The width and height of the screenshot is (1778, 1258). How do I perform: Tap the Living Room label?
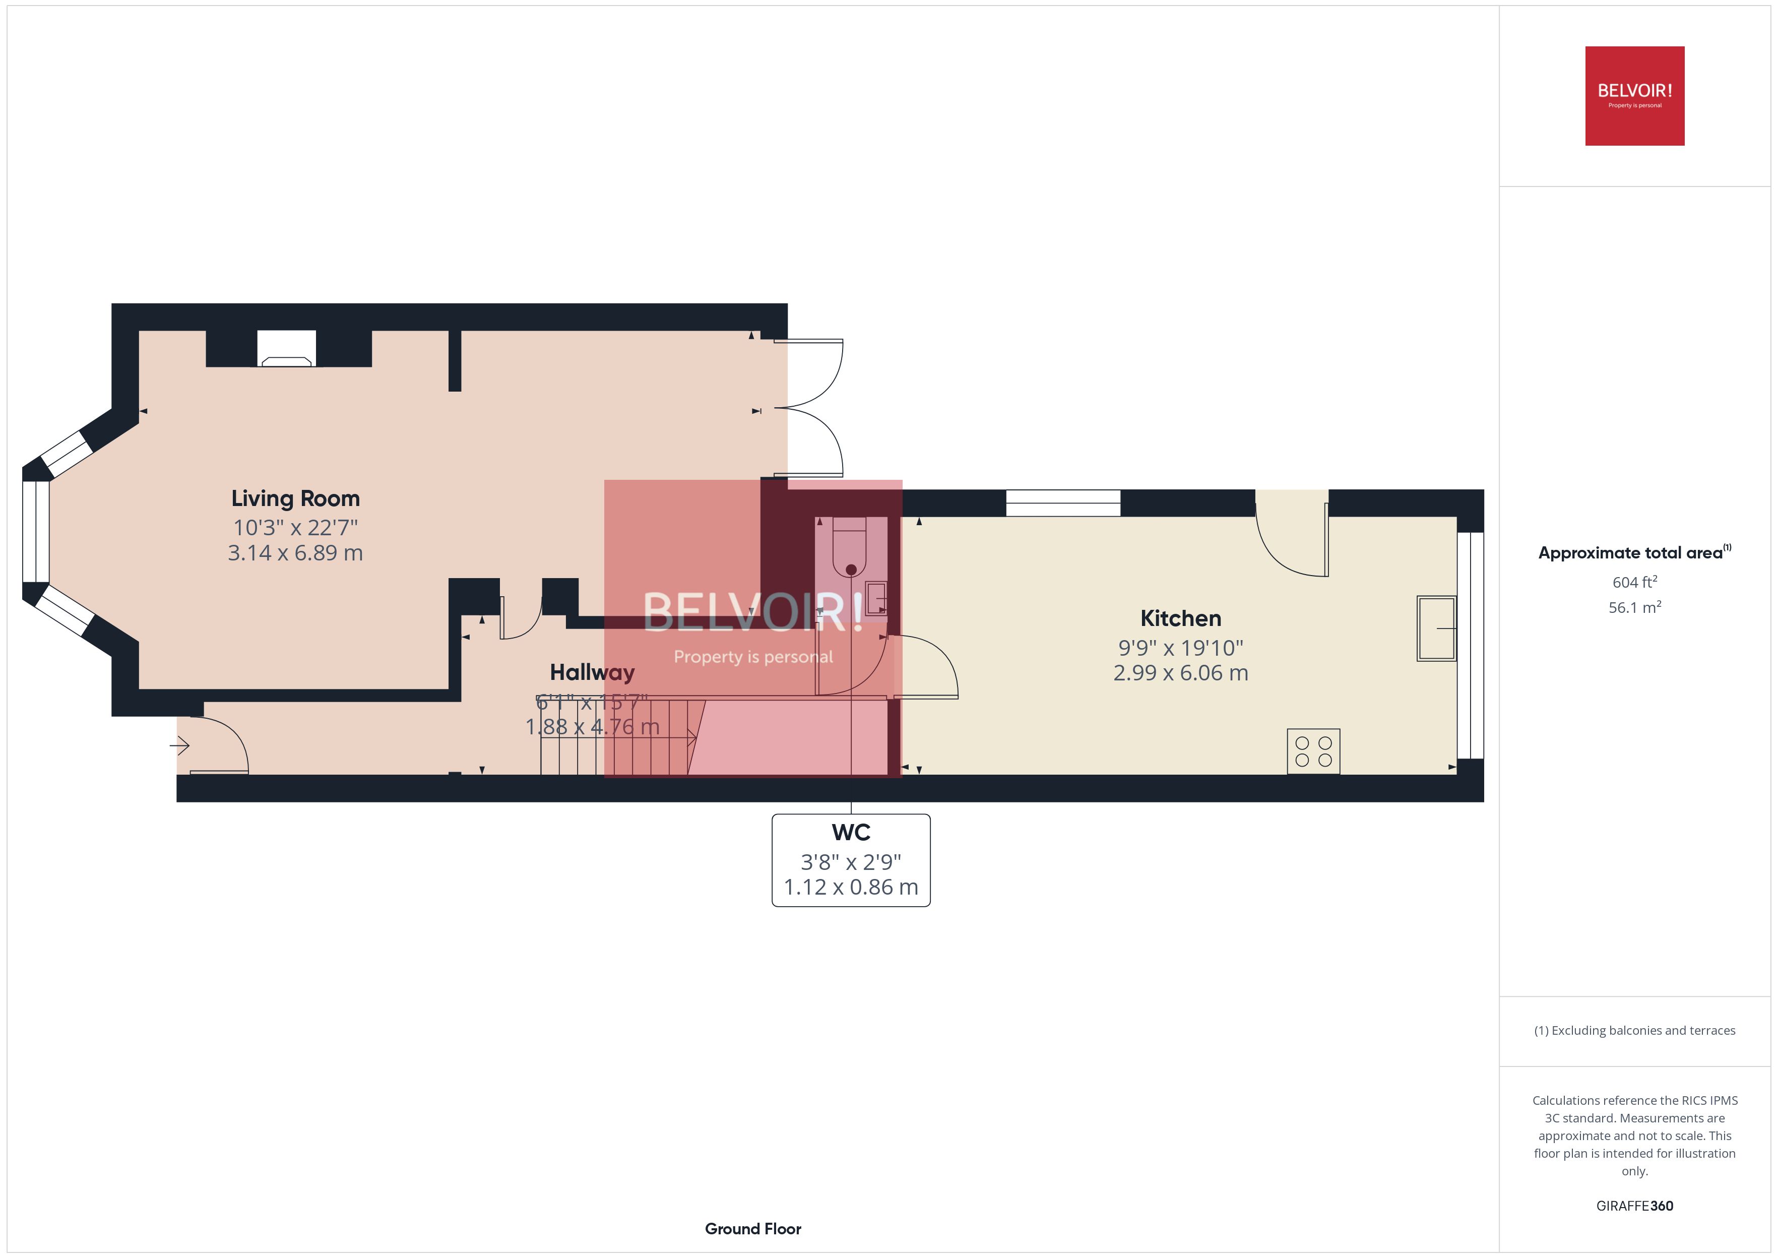pos(295,498)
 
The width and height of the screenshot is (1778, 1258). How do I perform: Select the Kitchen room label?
pos(1180,618)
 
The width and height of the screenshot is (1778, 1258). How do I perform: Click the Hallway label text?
pos(592,672)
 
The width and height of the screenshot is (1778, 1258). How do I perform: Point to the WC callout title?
pos(850,833)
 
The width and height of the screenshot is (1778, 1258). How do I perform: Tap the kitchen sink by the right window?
pos(1436,628)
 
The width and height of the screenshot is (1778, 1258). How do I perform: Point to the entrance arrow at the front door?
pos(179,746)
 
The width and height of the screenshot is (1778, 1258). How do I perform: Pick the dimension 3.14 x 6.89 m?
pos(295,553)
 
